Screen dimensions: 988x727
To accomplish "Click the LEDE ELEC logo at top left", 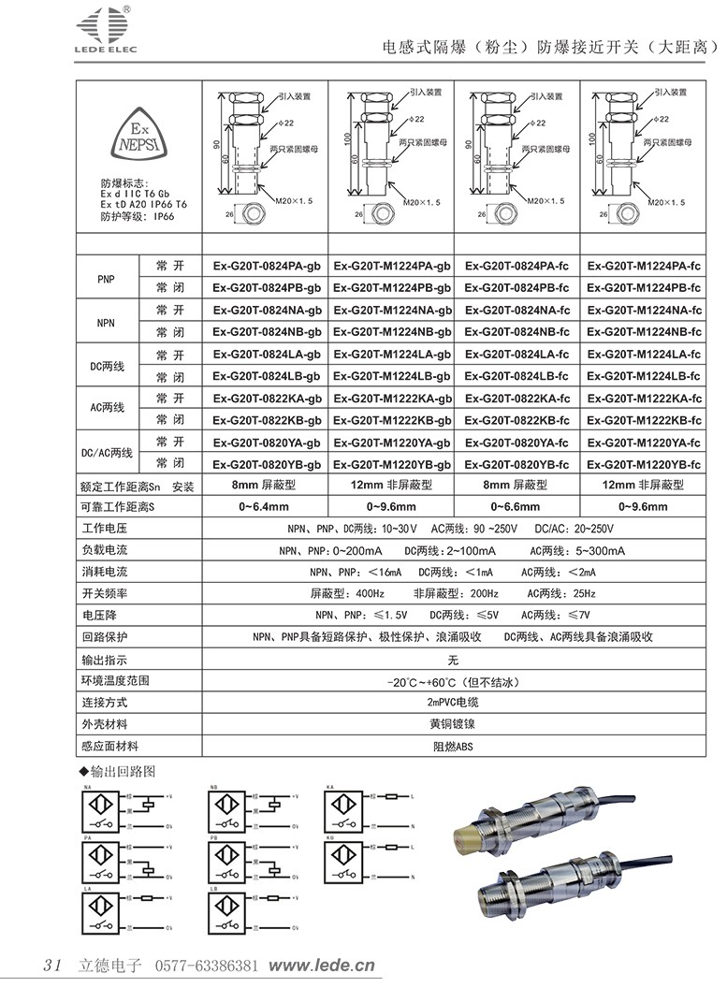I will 100,27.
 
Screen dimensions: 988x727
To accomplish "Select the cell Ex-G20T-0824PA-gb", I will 267,266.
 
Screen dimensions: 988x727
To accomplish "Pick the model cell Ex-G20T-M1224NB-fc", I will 644,332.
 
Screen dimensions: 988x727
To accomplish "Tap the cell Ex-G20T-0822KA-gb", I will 267,398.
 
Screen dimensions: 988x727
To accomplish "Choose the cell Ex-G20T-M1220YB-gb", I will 392,464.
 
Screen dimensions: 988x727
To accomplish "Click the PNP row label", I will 106,277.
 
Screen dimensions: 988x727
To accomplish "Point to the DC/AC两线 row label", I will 106,453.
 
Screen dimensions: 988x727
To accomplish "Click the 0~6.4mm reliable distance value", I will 267,507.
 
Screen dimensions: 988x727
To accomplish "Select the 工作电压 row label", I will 105,530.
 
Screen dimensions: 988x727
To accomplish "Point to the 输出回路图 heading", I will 122,772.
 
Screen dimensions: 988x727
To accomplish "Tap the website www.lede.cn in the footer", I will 322,965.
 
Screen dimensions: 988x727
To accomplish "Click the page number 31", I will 52,965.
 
